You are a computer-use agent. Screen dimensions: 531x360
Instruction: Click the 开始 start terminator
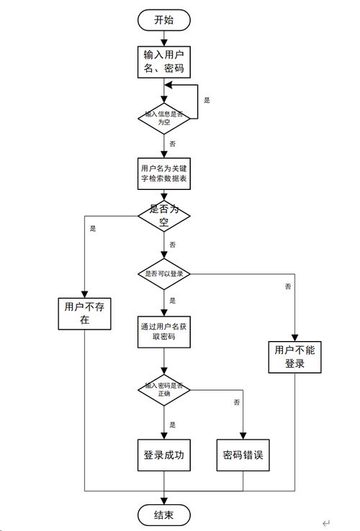pos(164,19)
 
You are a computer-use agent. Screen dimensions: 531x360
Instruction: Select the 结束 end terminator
pos(164,515)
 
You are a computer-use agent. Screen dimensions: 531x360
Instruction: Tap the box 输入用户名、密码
pos(164,61)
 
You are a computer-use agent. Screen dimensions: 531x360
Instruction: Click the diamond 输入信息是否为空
pos(164,117)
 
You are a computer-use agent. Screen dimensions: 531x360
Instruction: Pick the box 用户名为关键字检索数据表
pos(164,174)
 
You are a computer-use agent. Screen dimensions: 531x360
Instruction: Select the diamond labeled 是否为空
pos(164,214)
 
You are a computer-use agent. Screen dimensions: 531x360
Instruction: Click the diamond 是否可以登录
pos(164,273)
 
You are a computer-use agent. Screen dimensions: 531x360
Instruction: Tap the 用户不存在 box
pos(85,313)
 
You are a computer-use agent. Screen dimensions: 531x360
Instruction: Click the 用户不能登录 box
pos(294,356)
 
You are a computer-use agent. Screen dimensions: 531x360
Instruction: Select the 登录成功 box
pos(164,455)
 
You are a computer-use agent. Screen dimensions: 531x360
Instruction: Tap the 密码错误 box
pos(243,455)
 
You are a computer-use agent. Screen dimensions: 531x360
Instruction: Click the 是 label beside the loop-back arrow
pos(207,100)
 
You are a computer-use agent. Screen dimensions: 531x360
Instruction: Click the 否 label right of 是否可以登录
pos(288,286)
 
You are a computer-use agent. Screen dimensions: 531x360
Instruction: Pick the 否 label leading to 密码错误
pos(237,403)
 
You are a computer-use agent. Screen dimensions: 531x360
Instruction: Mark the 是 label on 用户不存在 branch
pos(93,228)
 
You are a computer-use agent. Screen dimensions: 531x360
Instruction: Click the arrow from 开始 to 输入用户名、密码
pos(164,38)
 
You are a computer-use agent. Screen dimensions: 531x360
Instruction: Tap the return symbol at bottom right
pos(325,523)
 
